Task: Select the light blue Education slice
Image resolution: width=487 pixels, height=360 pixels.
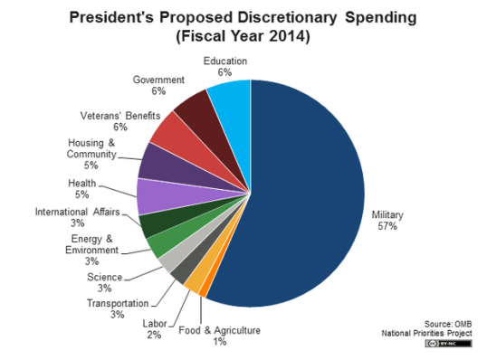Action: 231,104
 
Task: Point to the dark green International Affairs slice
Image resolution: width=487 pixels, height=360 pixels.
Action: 157,223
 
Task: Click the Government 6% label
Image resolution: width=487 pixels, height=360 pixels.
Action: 158,85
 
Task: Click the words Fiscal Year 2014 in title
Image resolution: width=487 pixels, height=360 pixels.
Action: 243,38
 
